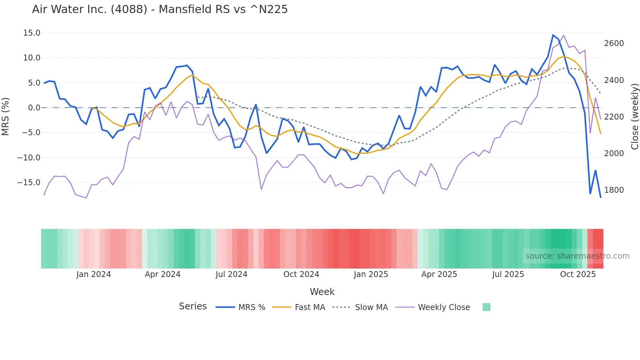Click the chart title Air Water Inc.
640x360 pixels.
tap(160, 9)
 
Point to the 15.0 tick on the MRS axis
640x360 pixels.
tap(32, 33)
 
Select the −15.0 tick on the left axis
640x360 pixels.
tap(29, 183)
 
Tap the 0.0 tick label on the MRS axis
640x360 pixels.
tap(34, 108)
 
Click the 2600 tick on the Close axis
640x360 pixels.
tap(614, 43)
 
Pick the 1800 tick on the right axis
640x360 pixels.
tap(614, 190)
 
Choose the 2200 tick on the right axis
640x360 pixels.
tap(614, 117)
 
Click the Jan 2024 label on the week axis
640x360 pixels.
tap(93, 274)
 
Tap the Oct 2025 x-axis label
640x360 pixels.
tap(578, 274)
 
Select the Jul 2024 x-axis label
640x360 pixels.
tap(231, 274)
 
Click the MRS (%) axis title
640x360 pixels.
tap(6, 116)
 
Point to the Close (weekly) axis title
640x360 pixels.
tap(634, 116)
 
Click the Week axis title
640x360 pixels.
tap(322, 292)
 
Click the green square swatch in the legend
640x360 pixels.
tap(486, 307)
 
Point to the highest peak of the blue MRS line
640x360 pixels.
tap(553, 35)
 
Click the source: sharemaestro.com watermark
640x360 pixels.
tap(577, 256)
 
